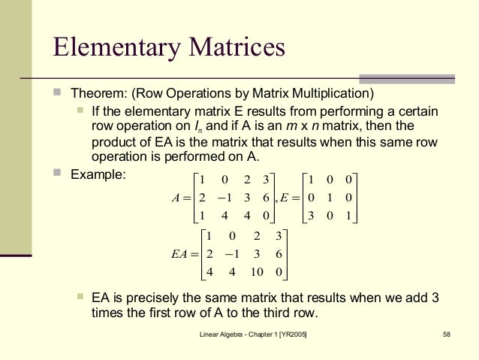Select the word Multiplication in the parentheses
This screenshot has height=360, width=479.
click(x=334, y=94)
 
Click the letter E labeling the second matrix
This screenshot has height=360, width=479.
click(x=285, y=198)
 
